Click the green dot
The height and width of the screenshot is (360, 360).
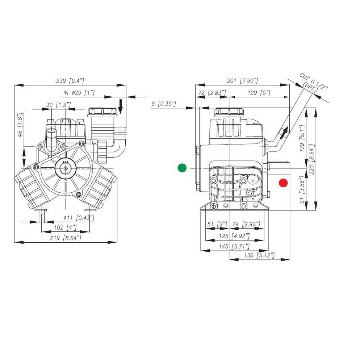click(x=182, y=168)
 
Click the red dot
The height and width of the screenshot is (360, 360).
click(x=283, y=183)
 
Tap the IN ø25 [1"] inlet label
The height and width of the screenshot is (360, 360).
click(x=79, y=93)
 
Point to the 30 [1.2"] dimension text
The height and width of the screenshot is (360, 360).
click(x=58, y=104)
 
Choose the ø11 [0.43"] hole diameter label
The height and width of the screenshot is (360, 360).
click(x=79, y=217)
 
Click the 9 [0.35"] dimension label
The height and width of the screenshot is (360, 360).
click(x=163, y=104)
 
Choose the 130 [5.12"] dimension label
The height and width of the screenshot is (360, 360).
click(x=260, y=255)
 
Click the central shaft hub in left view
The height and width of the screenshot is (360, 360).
click(x=66, y=169)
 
